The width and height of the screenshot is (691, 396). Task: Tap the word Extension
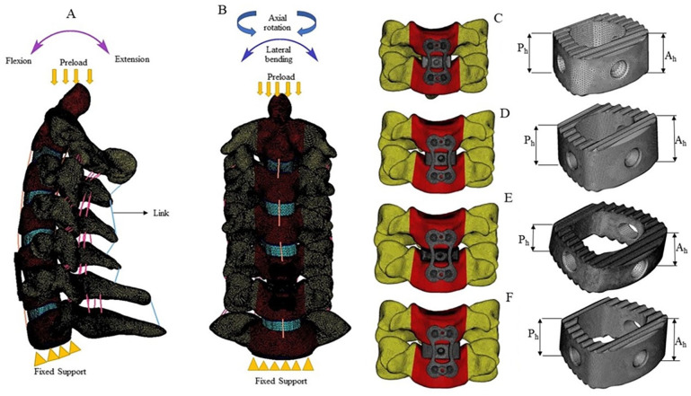point(130,59)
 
